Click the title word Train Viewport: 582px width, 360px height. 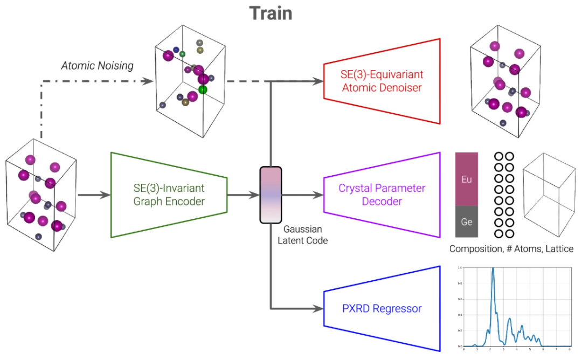[271, 13]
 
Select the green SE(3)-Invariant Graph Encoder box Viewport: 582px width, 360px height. [168, 195]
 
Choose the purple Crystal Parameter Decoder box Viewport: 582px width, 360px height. [382, 195]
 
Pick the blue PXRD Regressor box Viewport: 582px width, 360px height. [382, 309]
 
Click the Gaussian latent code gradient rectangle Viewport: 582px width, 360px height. [271, 195]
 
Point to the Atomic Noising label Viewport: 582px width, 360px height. [97, 66]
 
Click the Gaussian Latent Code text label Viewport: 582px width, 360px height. [302, 235]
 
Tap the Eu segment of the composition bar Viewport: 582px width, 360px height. [467, 178]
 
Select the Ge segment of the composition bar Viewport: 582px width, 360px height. [467, 221]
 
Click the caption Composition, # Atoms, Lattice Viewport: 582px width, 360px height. [511, 249]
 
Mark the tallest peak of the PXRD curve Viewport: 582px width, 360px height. [493, 269]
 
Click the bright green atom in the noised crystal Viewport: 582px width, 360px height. [203, 89]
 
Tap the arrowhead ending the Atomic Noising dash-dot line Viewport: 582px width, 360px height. [146, 81]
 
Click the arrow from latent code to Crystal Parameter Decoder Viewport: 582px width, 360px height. [302, 195]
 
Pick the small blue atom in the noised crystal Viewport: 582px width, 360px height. [176, 50]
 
